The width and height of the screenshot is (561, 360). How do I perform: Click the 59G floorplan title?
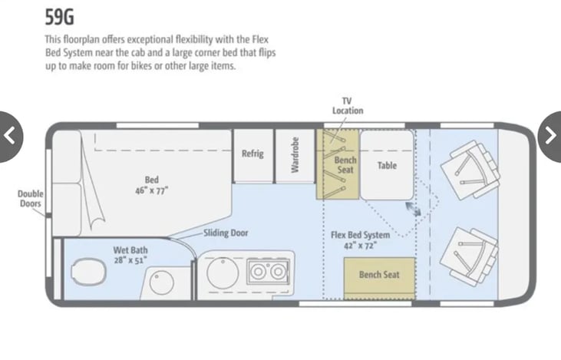pos(59,17)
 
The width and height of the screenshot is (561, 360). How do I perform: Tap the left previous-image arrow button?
pos(9,137)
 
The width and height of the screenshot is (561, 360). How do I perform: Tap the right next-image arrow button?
pos(550,137)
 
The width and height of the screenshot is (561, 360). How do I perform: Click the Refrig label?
pos(252,154)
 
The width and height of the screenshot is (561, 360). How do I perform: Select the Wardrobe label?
pos(295,155)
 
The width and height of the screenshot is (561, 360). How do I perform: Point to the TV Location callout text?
pos(348,106)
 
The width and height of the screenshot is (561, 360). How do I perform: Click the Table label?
pos(387,165)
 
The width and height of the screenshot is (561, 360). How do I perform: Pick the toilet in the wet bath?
pos(88,272)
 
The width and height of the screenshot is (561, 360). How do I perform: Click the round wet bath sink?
pos(162,282)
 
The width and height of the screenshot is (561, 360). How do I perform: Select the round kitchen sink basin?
pos(223,272)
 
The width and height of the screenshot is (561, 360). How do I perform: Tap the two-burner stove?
pos(268,272)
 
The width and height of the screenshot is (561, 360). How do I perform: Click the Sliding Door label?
pos(226,233)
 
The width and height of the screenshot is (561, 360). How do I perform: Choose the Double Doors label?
pos(31,199)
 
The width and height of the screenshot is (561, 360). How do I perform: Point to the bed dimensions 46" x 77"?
pos(151,190)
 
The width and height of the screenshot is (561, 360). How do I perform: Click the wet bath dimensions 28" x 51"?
pos(130,260)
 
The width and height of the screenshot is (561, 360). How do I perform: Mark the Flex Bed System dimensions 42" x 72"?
pos(360,246)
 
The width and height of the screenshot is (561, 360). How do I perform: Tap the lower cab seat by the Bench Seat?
pos(469,257)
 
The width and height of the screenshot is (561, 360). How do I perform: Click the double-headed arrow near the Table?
pos(413,209)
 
